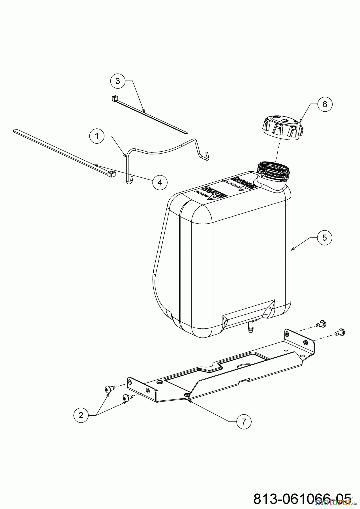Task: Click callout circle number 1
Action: tap(97, 136)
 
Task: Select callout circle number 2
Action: tap(81, 415)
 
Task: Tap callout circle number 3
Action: tap(117, 81)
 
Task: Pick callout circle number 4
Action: tap(160, 182)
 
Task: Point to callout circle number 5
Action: tap(324, 238)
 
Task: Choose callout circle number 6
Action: tap(325, 104)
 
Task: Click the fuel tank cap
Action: tap(283, 128)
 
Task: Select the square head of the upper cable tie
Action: tap(115, 99)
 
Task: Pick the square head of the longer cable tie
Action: tap(112, 174)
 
